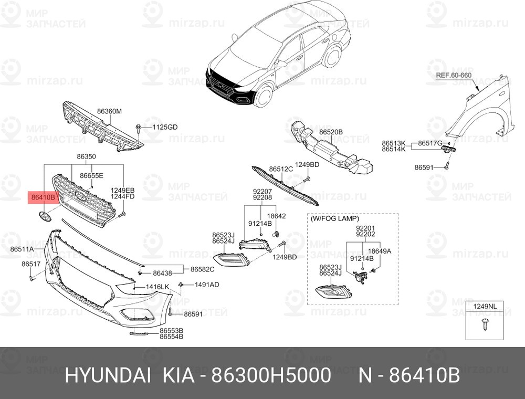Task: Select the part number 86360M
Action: point(109,111)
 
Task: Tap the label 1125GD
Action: point(165,128)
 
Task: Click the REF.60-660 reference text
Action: point(454,75)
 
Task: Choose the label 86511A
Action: point(22,248)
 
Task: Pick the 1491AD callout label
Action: point(207,285)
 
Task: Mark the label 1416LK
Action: point(157,287)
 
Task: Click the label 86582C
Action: point(202,269)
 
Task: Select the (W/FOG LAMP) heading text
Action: point(334,218)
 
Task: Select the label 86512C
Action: point(281,169)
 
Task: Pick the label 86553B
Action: point(171,330)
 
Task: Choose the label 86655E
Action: point(92,176)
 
